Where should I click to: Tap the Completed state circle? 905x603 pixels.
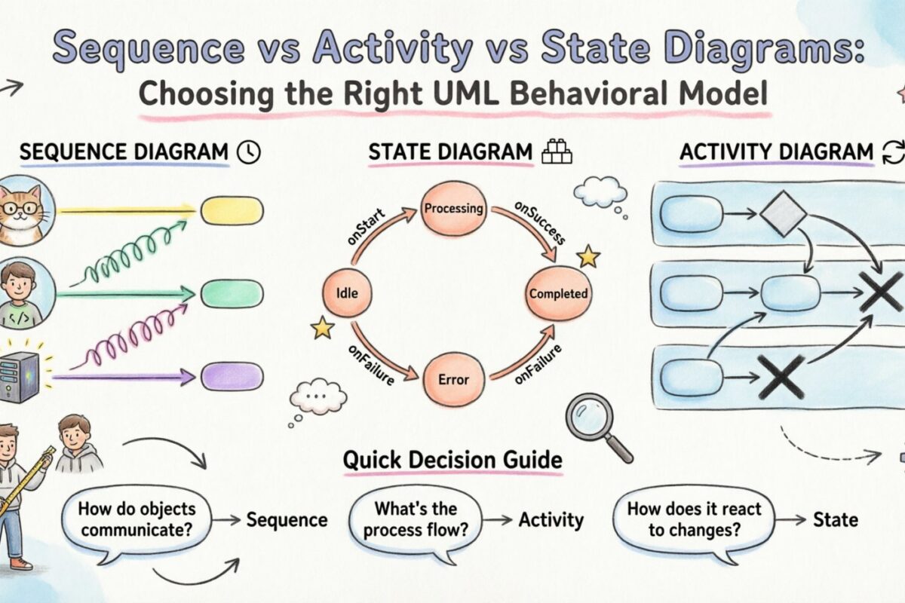click(x=559, y=294)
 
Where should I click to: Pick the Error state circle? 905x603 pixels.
click(x=454, y=379)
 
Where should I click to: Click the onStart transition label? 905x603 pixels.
click(x=367, y=227)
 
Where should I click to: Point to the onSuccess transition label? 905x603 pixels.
click(x=540, y=224)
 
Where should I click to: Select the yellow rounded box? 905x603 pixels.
click(x=232, y=210)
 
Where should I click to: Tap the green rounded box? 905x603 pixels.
click(x=232, y=294)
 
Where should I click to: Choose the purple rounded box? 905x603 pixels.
click(x=232, y=376)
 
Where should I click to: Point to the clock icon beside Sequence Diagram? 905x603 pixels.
click(x=248, y=152)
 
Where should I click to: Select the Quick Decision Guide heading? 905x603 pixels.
click(x=452, y=460)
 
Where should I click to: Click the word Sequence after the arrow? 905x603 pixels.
click(x=287, y=520)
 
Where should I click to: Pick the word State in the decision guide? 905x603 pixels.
click(x=835, y=519)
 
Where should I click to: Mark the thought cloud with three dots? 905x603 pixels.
click(x=318, y=395)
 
